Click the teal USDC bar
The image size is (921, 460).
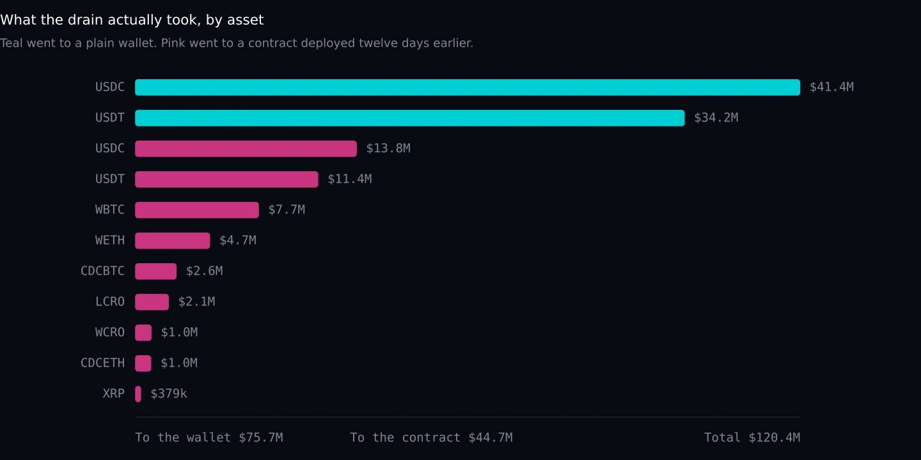pyautogui.click(x=468, y=88)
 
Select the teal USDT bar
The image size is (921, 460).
pyautogui.click(x=410, y=118)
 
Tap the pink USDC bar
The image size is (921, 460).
pyautogui.click(x=246, y=149)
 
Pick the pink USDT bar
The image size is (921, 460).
pyautogui.click(x=226, y=180)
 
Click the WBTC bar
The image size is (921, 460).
pyautogui.click(x=197, y=210)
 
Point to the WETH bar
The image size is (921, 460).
pyautogui.click(x=173, y=241)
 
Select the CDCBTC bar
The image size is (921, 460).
pyautogui.click(x=156, y=272)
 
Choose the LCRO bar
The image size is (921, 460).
pyautogui.click(x=152, y=302)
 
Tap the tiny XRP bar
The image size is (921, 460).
pyautogui.click(x=138, y=394)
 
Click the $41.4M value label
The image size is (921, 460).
pyautogui.click(x=831, y=87)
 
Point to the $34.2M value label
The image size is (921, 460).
pyautogui.click(x=716, y=118)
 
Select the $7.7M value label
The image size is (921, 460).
pyautogui.click(x=287, y=210)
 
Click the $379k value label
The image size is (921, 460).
pyautogui.click(x=169, y=394)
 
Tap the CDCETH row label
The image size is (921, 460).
pyautogui.click(x=102, y=363)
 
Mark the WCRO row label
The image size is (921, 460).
pyautogui.click(x=110, y=332)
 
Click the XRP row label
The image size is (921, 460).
pyautogui.click(x=113, y=394)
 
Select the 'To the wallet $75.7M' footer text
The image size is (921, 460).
pyautogui.click(x=209, y=438)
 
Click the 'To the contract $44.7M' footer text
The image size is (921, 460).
pyautogui.click(x=431, y=438)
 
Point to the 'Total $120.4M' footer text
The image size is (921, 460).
pyautogui.click(x=752, y=438)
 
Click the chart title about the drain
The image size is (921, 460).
pyautogui.click(x=132, y=20)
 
